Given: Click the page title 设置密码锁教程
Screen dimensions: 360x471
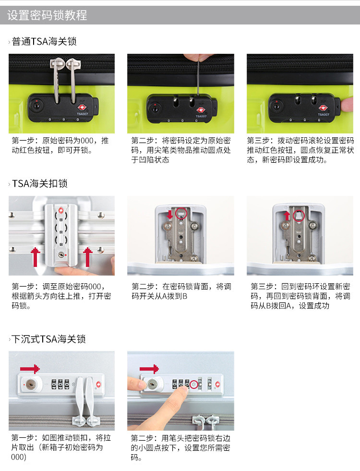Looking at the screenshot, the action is click(47, 15).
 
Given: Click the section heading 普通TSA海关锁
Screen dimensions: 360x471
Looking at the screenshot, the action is click(44, 41).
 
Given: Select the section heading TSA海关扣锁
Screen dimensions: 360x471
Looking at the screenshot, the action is click(40, 183).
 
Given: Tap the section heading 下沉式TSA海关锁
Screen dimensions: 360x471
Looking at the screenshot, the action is click(48, 339).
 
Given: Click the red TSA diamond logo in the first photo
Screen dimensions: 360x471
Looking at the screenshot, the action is click(82, 108).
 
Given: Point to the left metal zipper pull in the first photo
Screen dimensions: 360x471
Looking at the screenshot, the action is click(56, 79).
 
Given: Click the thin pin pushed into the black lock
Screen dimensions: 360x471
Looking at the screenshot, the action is click(198, 79).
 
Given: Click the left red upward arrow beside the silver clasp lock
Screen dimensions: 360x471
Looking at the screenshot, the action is click(36, 257).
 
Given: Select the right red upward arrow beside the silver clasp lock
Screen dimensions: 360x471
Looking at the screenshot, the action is click(88, 257).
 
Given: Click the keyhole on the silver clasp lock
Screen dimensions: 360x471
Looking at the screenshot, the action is click(61, 255).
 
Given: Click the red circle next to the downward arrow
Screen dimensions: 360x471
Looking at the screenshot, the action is click(181, 213).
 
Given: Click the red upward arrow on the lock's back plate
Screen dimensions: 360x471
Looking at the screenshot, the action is click(287, 216).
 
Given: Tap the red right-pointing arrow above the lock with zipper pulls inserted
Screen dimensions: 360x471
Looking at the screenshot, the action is click(30, 369).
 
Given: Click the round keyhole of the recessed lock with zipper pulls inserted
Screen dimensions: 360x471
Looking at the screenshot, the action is click(31, 384).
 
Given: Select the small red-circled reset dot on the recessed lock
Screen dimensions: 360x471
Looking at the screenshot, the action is click(194, 384).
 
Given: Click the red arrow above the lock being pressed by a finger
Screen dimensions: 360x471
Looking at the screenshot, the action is click(149, 369).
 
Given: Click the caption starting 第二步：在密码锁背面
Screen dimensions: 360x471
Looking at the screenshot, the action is click(181, 291).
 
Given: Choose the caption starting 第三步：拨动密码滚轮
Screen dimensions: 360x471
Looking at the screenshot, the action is click(300, 150).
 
